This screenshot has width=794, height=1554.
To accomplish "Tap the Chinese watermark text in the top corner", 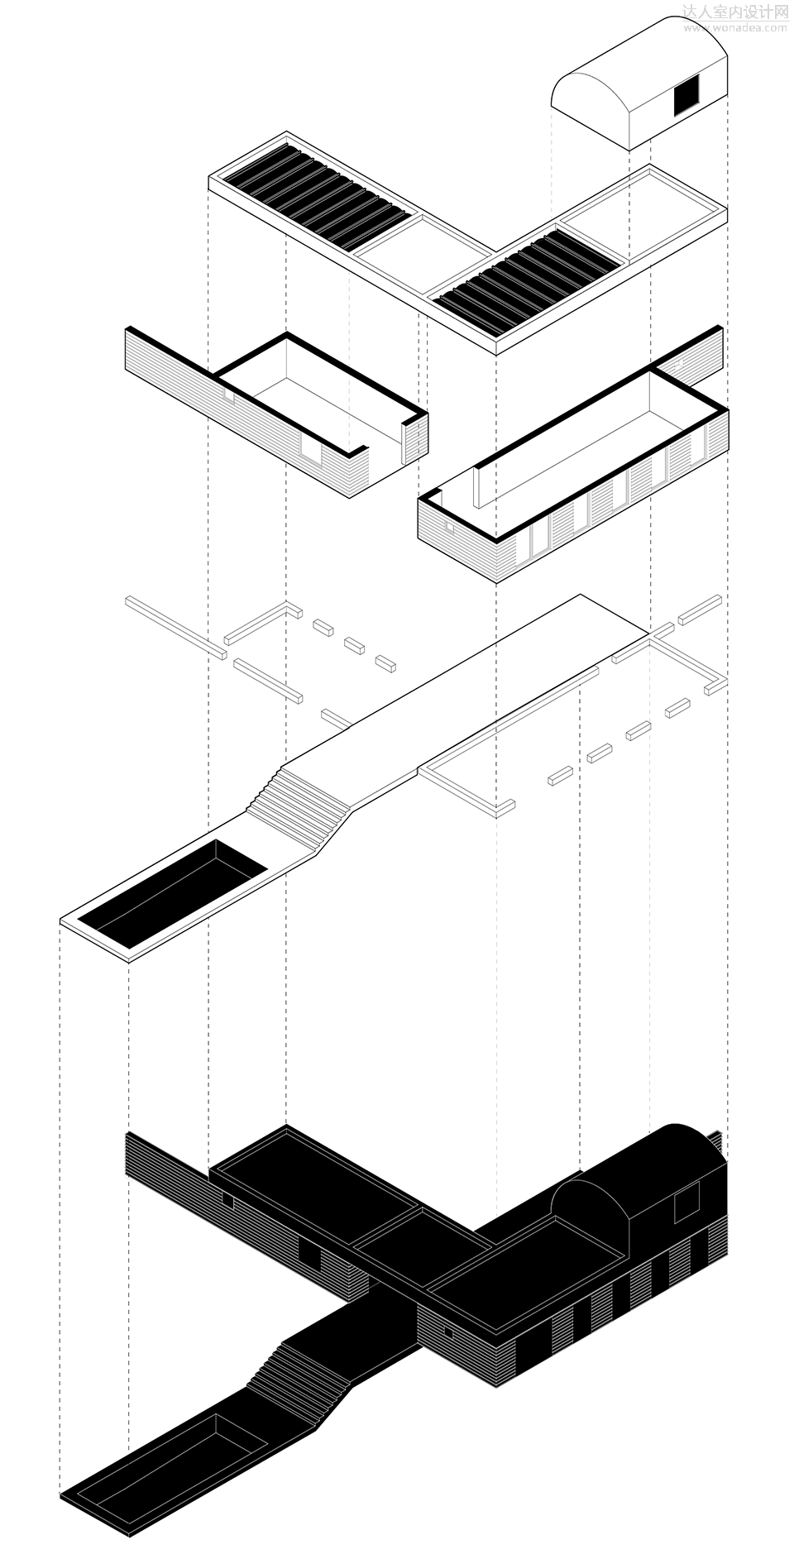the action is point(735,12).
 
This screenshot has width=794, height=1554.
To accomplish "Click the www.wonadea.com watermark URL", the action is point(735,27).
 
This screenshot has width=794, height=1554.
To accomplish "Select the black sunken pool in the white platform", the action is point(174,893).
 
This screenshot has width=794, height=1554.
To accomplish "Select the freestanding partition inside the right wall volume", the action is point(477,487).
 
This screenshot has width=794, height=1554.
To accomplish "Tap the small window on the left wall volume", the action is point(228,396).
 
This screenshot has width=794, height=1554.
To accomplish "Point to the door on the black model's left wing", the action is point(311,1258).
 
